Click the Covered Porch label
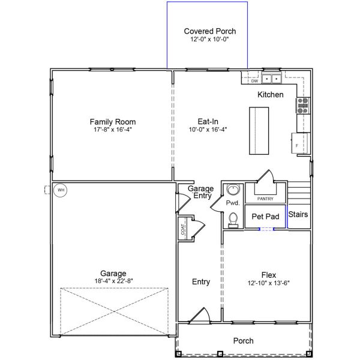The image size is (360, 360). coord(209,31)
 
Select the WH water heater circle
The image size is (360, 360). coord(60,191)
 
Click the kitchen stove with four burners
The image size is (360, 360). coord(303,106)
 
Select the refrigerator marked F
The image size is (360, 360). coord(300,145)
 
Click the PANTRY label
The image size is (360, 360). coord(265,199)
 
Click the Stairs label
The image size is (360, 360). coord(298,214)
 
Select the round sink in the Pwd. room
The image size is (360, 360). coord(233,190)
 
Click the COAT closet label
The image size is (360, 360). coord(182,229)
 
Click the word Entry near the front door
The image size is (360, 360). coord(201,282)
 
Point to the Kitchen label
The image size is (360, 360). coord(270,95)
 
